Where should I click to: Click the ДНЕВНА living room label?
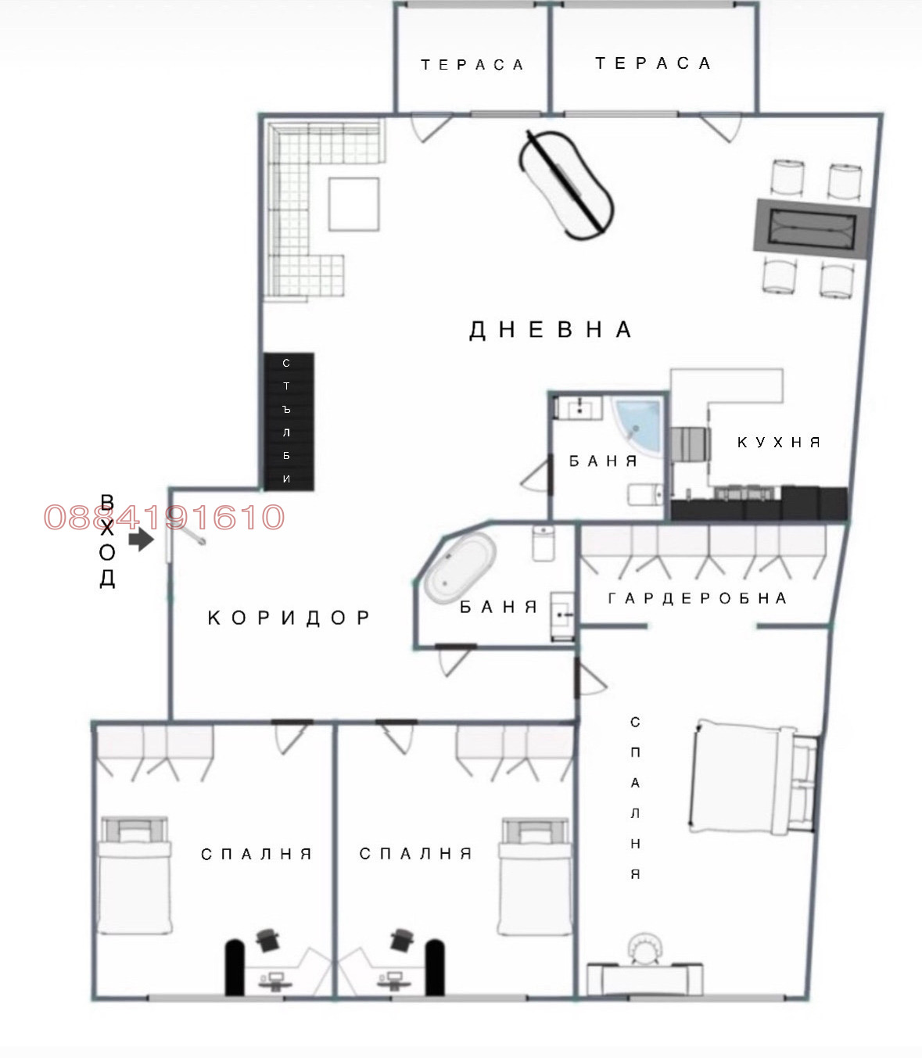coord(550,329)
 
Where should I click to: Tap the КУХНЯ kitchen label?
coord(778,443)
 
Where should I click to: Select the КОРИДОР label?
coord(289,618)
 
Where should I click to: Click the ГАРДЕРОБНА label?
coord(697,598)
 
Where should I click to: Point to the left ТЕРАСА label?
coord(472,65)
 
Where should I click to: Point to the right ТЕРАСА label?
coord(653,63)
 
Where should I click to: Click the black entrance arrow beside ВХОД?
coord(141,539)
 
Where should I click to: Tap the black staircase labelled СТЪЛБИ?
coord(288,421)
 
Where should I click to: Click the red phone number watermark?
coord(164,517)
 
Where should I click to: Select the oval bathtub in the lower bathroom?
coord(460,568)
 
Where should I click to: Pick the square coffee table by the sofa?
coord(353,204)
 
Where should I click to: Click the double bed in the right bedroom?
coord(751,777)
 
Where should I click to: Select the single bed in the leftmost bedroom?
coord(134,874)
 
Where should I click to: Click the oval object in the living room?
coord(566,185)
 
